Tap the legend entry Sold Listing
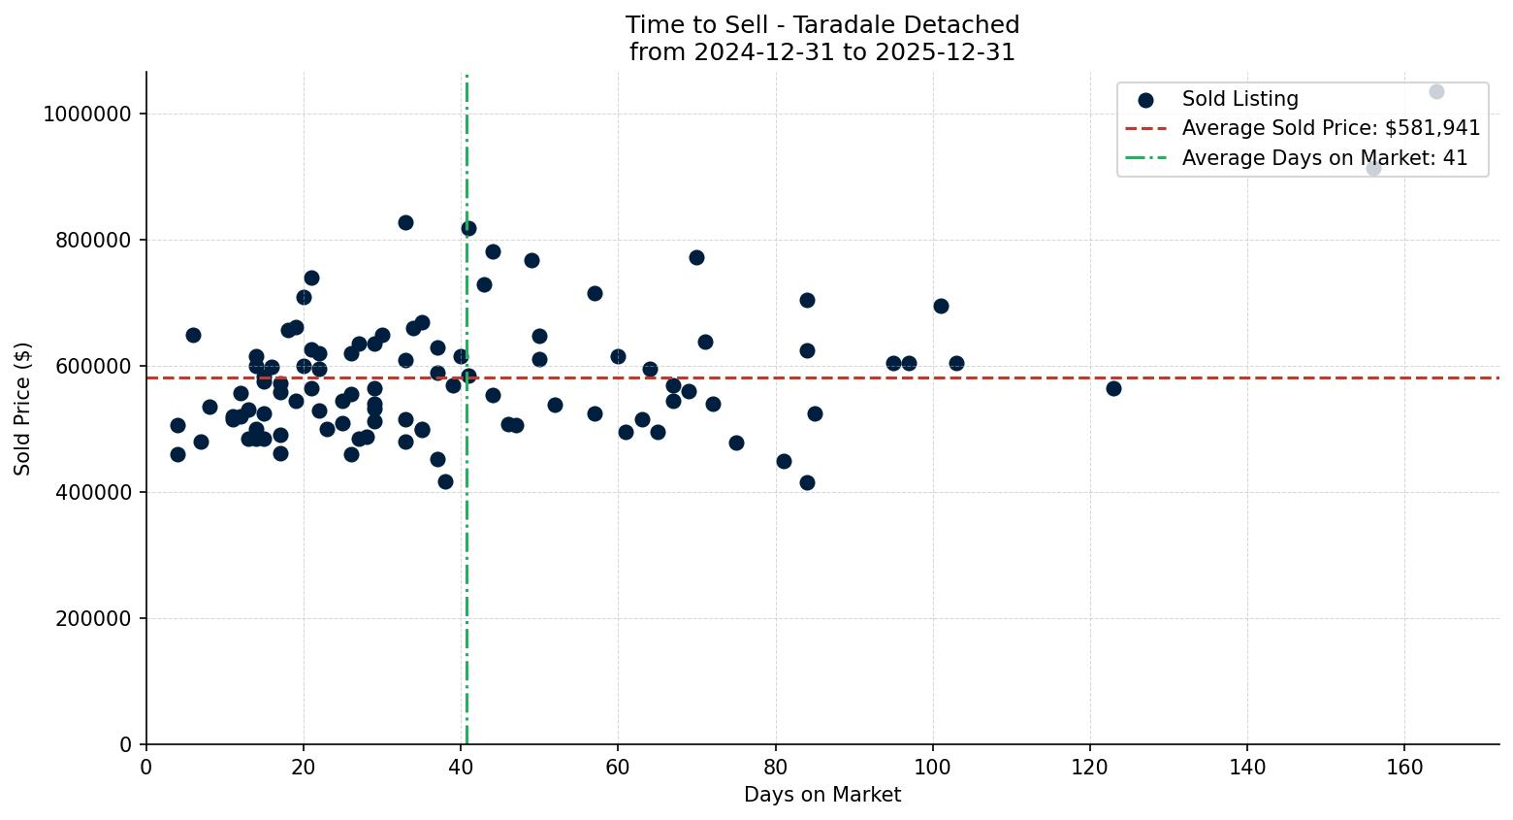pos(1239,99)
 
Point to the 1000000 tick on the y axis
pos(87,115)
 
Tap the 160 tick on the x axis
pos(1404,768)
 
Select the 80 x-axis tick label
pos(775,768)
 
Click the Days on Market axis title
pos(822,796)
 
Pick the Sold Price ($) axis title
pos(23,409)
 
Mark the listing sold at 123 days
pos(1113,388)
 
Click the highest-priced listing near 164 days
pos(1436,92)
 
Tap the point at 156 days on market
pos(1373,169)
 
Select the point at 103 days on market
pos(956,363)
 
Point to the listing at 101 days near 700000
pos(941,307)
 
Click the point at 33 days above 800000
pos(405,222)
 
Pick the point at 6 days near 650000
pos(193,335)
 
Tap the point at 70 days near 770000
pos(696,257)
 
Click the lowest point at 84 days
pos(807,482)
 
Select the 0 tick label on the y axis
pos(126,745)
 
